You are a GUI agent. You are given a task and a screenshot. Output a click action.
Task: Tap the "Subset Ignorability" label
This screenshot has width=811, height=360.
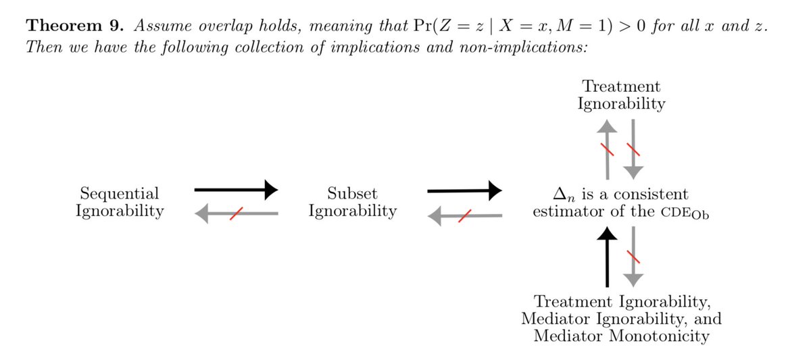(x=352, y=202)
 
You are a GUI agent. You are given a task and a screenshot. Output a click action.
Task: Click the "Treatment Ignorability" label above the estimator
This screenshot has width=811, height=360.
(x=622, y=95)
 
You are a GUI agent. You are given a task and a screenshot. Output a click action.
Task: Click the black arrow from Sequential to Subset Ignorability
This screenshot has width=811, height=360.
(x=236, y=190)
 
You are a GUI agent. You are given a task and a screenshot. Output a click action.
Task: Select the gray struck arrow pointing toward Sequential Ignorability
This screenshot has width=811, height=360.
(x=236, y=214)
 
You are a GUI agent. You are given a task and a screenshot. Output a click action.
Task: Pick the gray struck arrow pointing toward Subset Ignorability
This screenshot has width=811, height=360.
(x=466, y=215)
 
